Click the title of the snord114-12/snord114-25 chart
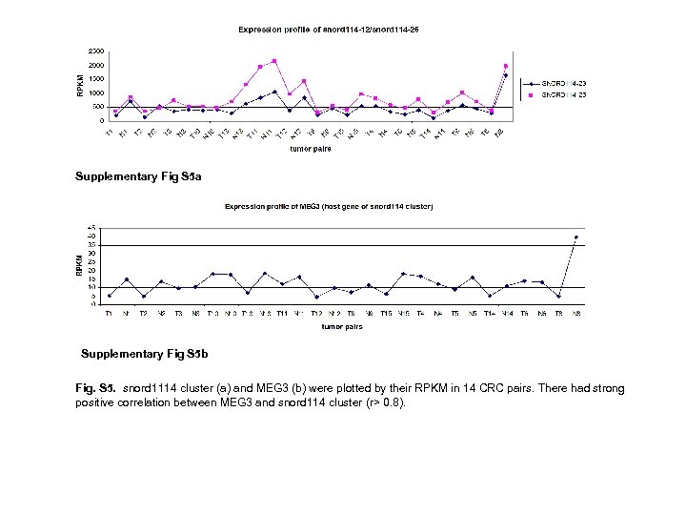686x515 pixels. [x=328, y=30]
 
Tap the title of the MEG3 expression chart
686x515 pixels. [x=328, y=206]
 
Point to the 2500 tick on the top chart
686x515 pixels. [x=96, y=51]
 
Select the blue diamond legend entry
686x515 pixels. [x=568, y=82]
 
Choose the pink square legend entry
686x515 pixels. [x=568, y=95]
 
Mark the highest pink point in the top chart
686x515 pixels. [x=274, y=61]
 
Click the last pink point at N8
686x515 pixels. [x=505, y=66]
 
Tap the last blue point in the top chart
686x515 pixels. [x=505, y=75]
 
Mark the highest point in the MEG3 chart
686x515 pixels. [x=575, y=237]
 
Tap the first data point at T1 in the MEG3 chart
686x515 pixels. [x=110, y=296]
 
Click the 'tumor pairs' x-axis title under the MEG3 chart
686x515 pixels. [x=341, y=326]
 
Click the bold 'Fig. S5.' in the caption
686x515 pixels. [x=93, y=391]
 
